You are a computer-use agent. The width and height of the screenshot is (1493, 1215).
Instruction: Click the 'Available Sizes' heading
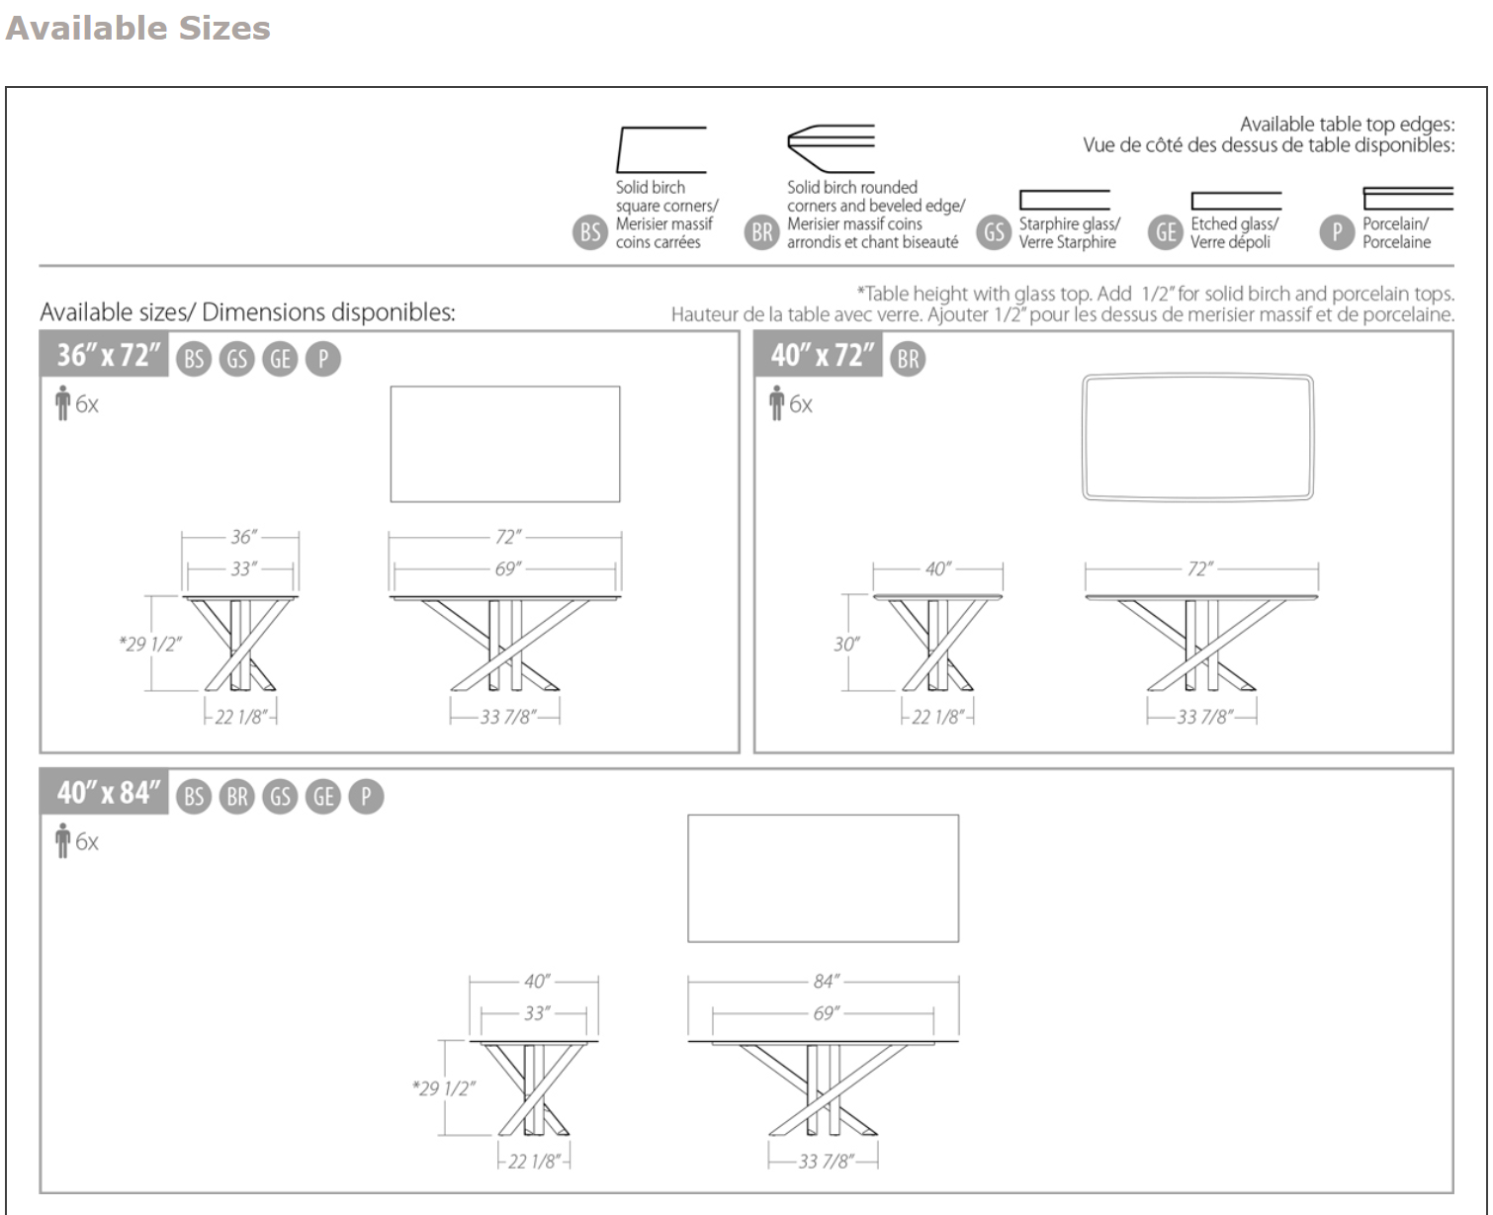pos(137,28)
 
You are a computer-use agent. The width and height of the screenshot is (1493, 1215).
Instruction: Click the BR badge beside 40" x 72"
pos(908,359)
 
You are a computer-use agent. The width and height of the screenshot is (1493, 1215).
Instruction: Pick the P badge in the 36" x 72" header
pos(322,359)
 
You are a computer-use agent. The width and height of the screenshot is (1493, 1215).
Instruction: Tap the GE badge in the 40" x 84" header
pos(323,797)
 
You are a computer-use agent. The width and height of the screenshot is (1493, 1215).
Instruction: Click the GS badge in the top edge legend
pos(993,232)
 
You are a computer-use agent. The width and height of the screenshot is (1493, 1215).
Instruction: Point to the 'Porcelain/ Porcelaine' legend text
pos(1395,232)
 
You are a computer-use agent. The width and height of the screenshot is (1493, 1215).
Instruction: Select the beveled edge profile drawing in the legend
pos(831,148)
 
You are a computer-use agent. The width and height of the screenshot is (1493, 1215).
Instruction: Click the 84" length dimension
pos(825,982)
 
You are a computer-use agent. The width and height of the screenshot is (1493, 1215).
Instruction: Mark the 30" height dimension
pos(845,645)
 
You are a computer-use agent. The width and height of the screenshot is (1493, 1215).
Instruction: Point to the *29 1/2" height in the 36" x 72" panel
pos(150,645)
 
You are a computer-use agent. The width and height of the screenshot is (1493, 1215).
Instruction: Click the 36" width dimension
pos(242,537)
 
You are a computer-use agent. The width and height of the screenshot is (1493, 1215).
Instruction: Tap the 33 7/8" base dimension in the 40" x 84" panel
pos(825,1162)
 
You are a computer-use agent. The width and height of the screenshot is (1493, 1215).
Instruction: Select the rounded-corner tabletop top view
pos(1198,437)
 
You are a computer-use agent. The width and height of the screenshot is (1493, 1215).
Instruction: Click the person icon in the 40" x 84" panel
pos(63,842)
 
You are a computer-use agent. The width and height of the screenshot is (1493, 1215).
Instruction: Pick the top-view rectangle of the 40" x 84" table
pos(823,878)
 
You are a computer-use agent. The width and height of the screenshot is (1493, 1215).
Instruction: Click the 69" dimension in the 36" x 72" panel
pos(506,569)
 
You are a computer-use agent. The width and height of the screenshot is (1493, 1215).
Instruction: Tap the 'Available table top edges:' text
pos(1347,125)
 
